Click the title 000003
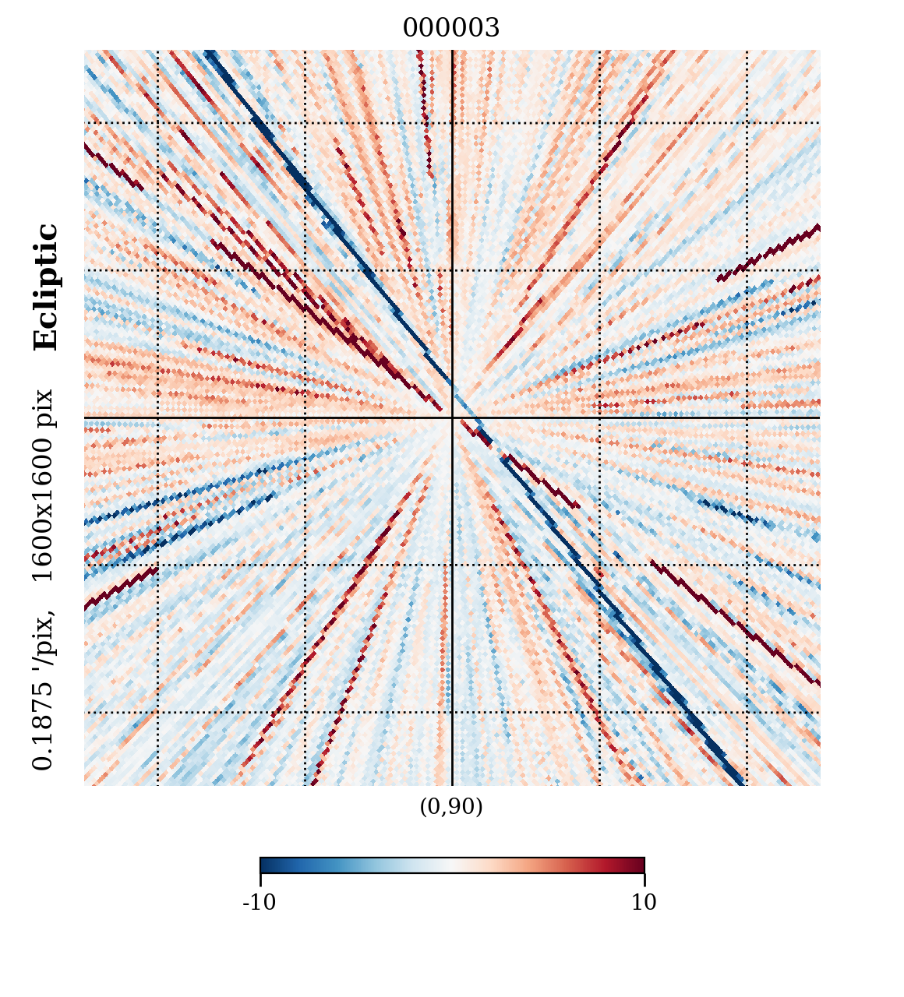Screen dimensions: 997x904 pyautogui.click(x=451, y=29)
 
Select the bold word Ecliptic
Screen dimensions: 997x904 pyautogui.click(x=46, y=287)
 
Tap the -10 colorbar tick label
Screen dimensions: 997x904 pyautogui.click(x=260, y=903)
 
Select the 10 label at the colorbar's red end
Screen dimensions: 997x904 pyautogui.click(x=644, y=903)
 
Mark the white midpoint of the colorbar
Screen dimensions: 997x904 pyautogui.click(x=452, y=865)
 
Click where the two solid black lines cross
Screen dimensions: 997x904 pyautogui.click(x=452, y=417)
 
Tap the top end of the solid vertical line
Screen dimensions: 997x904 pyautogui.click(x=452, y=51)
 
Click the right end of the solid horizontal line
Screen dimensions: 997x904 pyautogui.click(x=818, y=417)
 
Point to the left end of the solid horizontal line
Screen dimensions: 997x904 pyautogui.click(x=86, y=417)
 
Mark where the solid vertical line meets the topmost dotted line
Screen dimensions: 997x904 pyautogui.click(x=452, y=122)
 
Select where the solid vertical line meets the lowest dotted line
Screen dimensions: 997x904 pyautogui.click(x=452, y=712)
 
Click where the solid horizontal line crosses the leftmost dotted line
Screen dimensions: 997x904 pyautogui.click(x=157, y=417)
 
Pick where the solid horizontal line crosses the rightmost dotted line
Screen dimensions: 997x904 pyautogui.click(x=747, y=417)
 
